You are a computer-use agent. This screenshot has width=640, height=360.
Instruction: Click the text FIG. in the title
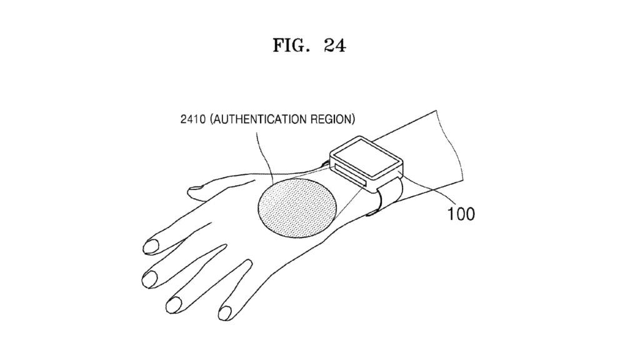click(289, 45)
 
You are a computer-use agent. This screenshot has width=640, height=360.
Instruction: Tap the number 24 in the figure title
click(335, 45)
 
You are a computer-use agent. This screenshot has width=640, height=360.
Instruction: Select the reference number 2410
click(192, 119)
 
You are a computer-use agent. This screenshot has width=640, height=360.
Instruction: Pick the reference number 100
click(461, 214)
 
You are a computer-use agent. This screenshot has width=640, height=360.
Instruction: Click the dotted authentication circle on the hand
click(297, 208)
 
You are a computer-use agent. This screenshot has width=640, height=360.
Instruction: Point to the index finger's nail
click(151, 246)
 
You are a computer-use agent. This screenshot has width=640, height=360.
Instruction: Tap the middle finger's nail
click(150, 279)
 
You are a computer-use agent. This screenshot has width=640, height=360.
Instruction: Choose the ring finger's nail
click(174, 305)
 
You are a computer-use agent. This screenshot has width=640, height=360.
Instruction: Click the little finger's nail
click(225, 313)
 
